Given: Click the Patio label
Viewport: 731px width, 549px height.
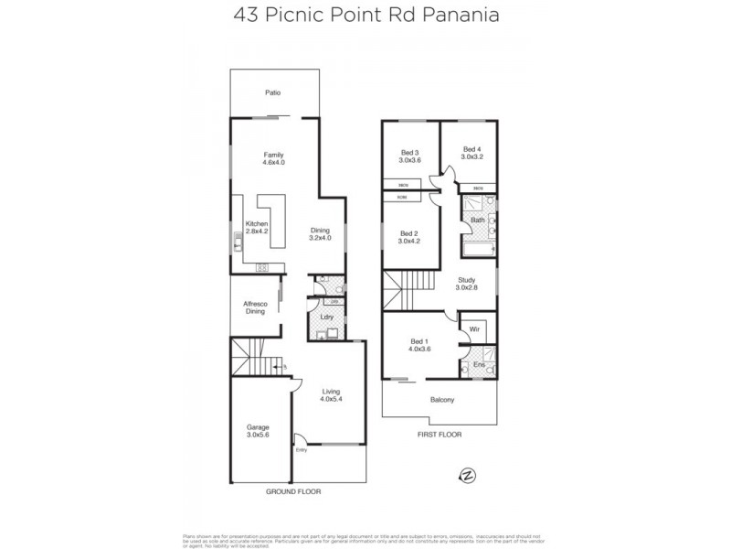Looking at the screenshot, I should (x=272, y=93).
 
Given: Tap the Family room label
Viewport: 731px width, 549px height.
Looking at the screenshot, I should (x=274, y=158).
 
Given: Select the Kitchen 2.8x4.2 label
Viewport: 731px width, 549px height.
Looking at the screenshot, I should (x=257, y=228).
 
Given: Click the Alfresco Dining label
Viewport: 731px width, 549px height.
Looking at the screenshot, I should (x=254, y=307).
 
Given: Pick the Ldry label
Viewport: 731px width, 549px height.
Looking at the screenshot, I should (x=325, y=317).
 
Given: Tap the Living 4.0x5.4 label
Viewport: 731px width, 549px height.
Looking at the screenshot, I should (x=330, y=395).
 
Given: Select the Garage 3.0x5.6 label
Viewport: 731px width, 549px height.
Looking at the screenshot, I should (x=258, y=431).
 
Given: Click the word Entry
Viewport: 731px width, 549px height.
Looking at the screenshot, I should (x=302, y=449).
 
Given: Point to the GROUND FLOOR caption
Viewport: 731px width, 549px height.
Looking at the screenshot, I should (x=292, y=491).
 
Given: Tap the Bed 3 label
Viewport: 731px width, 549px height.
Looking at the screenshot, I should (x=409, y=156).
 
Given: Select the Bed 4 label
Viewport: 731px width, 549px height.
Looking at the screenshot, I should (x=471, y=154).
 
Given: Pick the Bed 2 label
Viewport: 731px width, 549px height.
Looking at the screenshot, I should (x=408, y=238).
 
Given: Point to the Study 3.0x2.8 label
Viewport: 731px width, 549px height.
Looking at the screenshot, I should (x=467, y=285).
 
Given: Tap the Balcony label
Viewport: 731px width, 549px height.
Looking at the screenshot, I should (x=441, y=400).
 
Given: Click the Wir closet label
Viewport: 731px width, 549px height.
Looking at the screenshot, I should (x=474, y=327).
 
